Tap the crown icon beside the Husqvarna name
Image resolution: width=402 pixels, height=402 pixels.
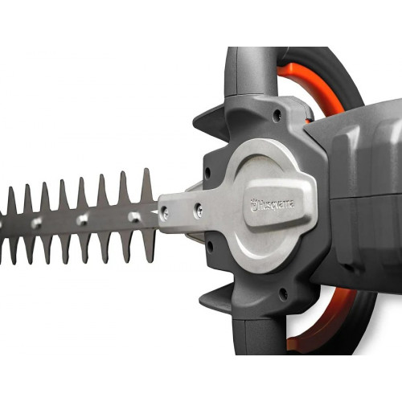pos(253,206)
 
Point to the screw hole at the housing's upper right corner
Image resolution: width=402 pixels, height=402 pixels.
pos(277,115)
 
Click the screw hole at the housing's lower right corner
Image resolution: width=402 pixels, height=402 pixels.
pos(282,293)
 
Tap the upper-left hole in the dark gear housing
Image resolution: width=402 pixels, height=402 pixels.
pos(207,171)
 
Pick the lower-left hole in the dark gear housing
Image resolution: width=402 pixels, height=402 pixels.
pos(210,246)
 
